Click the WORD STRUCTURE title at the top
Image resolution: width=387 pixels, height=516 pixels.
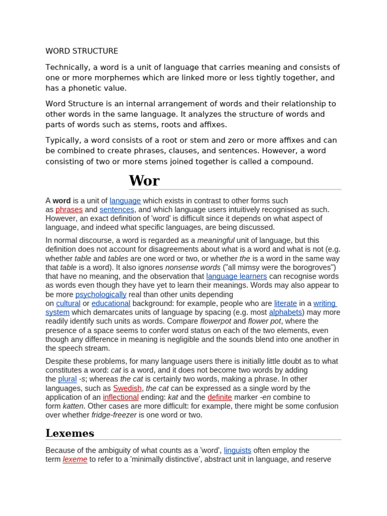82,51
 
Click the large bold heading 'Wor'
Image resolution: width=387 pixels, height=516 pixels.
144,180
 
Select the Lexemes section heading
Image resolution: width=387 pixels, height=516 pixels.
70,433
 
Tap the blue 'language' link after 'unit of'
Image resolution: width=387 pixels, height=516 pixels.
125,201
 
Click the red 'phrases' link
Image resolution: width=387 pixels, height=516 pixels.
69,210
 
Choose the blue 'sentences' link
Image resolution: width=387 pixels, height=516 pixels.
117,210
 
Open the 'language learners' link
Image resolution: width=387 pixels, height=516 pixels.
236,276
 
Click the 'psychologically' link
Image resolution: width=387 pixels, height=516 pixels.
101,294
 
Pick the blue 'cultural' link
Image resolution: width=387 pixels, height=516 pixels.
68,303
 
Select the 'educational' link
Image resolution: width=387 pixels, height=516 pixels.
111,303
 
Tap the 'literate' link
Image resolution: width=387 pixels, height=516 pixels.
285,303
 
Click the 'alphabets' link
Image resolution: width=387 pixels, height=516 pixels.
285,312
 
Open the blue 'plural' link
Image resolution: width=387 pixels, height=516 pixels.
68,379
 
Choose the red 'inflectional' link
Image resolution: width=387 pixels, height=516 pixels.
120,397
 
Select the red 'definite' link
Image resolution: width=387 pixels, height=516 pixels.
220,397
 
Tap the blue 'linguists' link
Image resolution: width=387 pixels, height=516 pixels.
237,450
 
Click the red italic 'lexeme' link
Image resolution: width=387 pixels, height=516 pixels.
75,460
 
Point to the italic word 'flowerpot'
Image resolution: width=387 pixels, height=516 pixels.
215,321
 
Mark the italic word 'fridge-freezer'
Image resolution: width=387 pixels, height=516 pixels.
114,415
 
